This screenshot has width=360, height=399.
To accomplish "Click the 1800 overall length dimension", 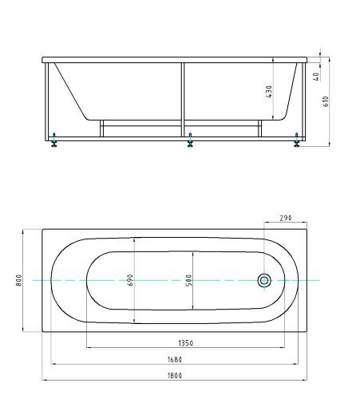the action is click(175, 376).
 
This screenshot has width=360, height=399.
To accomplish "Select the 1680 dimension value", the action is click(175, 360).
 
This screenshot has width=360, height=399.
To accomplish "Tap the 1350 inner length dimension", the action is click(185, 343).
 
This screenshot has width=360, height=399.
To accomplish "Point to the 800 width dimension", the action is click(19, 280).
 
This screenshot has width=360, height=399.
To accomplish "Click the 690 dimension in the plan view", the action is click(130, 280).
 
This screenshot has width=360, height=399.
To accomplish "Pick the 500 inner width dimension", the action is click(188, 280).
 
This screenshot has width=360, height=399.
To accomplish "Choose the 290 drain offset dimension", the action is click(286, 218).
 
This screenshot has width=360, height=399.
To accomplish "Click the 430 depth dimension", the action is click(269, 92).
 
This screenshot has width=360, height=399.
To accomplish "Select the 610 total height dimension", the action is click(326, 101).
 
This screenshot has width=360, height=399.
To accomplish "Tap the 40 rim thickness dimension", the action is click(316, 77).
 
